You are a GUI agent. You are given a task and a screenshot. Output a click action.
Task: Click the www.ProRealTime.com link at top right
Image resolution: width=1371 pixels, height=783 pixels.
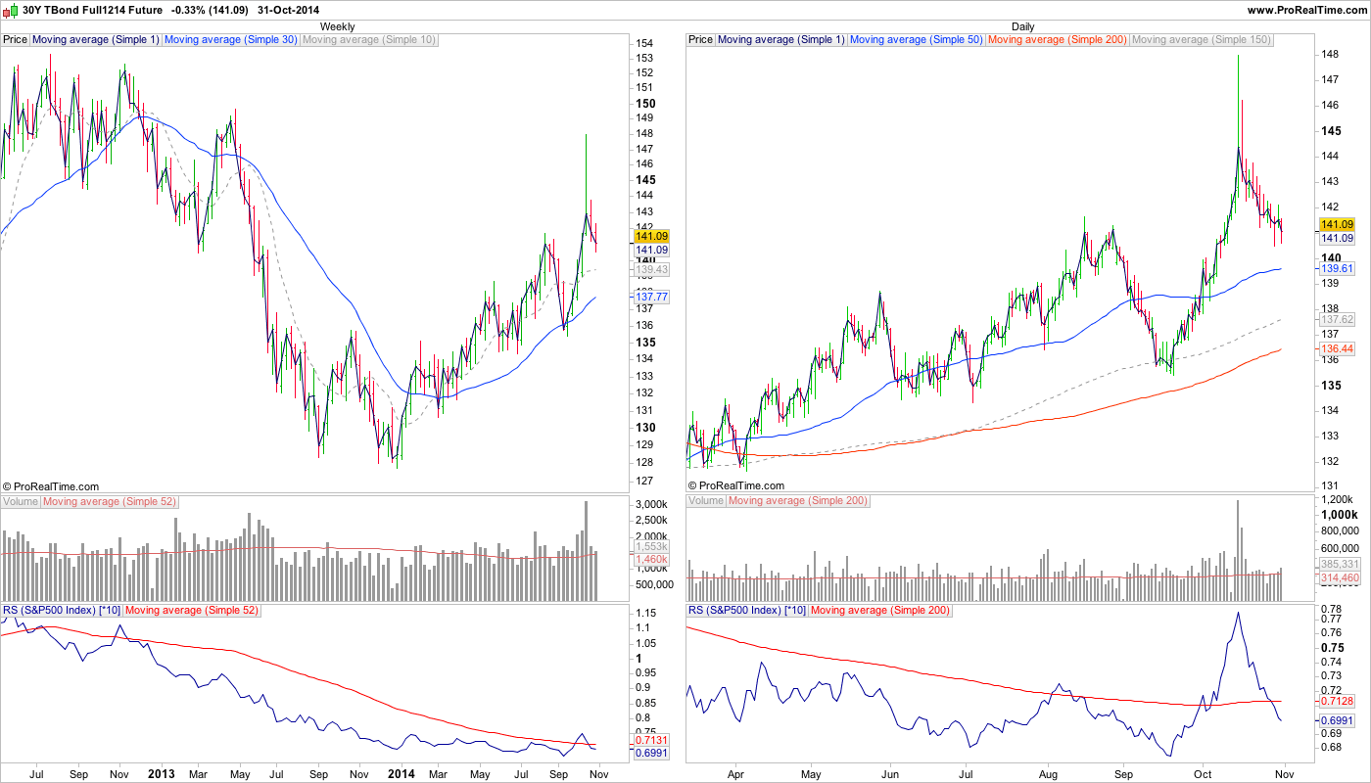(x=1306, y=10)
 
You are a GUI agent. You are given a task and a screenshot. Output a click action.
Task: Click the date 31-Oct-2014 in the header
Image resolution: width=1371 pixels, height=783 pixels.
(x=284, y=10)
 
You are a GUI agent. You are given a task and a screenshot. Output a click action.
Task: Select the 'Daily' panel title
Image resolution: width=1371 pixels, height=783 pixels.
(x=1022, y=26)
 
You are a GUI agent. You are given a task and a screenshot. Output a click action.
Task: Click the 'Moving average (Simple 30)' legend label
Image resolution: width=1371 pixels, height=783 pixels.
(x=231, y=40)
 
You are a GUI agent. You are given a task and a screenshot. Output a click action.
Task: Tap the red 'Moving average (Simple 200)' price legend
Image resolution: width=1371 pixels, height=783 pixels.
(x=1058, y=40)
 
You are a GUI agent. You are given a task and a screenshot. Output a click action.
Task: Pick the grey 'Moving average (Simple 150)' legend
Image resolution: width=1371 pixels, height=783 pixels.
(x=1201, y=40)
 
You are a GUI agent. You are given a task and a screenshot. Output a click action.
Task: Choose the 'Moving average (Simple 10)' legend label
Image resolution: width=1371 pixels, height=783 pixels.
(x=369, y=40)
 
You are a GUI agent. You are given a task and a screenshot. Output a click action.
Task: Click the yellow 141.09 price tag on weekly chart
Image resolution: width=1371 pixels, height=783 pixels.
(x=651, y=236)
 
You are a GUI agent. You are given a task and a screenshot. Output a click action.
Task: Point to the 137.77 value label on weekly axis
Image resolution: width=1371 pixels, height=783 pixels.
(x=651, y=297)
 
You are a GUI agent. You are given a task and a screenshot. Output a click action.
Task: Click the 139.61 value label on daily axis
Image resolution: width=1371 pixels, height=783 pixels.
(x=1337, y=268)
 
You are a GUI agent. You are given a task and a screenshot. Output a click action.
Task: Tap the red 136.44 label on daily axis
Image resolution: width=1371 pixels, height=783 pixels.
(x=1337, y=348)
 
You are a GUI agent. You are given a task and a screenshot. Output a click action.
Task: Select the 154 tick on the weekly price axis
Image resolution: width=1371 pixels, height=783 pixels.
(x=644, y=44)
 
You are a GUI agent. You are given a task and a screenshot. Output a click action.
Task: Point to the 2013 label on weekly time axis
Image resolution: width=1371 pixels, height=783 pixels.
(x=162, y=773)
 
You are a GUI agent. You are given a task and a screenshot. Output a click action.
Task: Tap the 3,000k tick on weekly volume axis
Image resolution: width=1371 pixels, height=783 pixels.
(x=651, y=504)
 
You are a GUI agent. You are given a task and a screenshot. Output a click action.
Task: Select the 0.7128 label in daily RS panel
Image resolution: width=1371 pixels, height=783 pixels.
(x=1337, y=701)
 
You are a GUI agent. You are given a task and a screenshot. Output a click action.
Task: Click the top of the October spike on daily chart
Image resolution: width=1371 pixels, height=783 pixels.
(x=1238, y=56)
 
